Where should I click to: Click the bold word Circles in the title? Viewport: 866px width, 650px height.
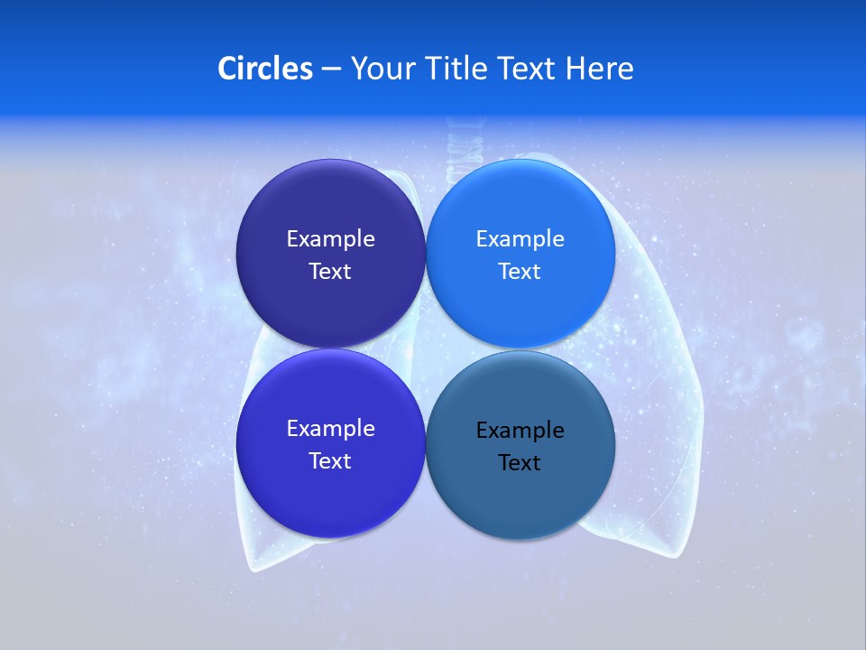pos(264,69)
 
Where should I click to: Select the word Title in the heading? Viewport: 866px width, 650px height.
pos(459,69)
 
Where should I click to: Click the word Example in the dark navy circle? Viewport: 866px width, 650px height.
pos(330,239)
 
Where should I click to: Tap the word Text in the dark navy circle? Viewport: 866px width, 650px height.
pos(330,272)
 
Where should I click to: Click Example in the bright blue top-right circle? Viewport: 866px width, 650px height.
pos(520,239)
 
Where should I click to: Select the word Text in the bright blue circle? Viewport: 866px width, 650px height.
pos(520,272)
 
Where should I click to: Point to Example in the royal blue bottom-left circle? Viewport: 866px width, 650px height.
pos(330,429)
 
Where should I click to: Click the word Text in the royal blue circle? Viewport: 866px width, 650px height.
pos(330,461)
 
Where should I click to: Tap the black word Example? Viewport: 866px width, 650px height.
pos(520,431)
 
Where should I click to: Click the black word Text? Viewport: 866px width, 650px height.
pos(520,463)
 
